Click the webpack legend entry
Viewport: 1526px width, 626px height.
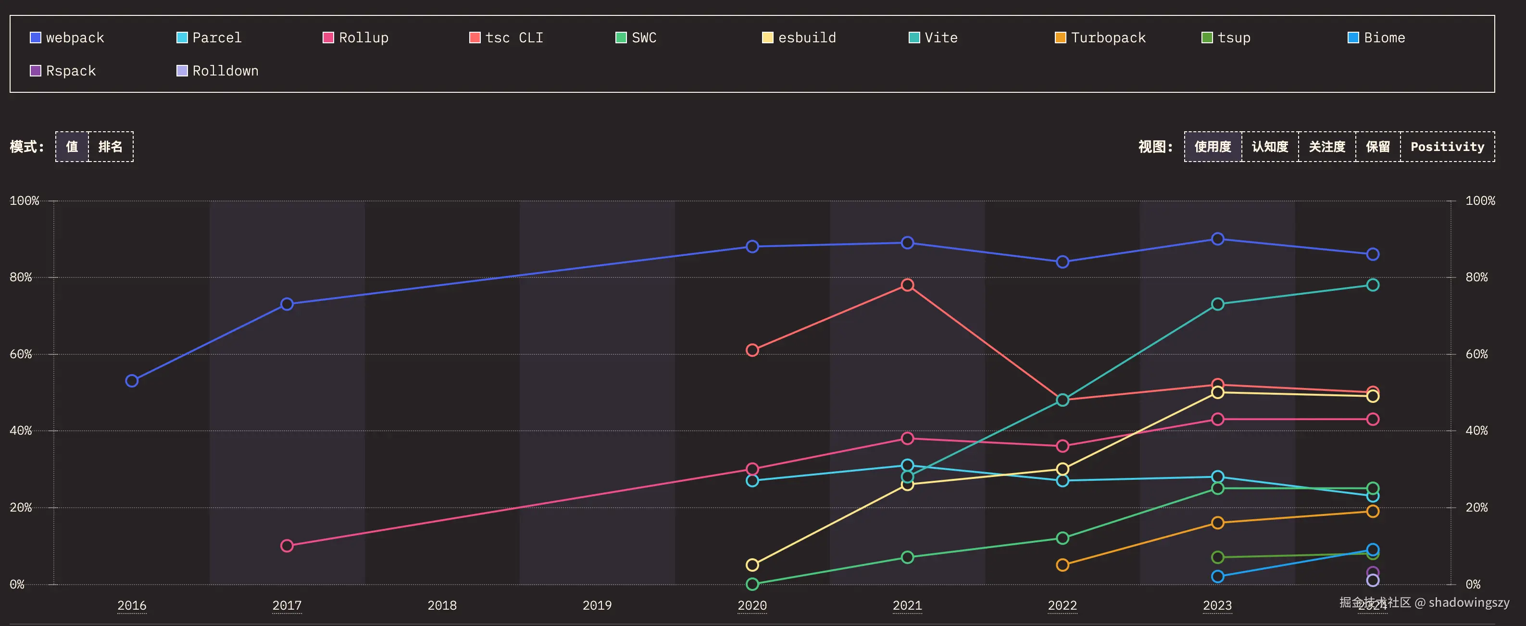click(67, 38)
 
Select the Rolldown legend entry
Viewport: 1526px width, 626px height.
click(217, 71)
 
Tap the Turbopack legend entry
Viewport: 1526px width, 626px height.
click(1100, 38)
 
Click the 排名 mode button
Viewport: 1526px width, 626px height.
click(110, 147)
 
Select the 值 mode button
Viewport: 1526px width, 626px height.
click(72, 147)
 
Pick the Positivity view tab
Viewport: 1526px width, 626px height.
click(1447, 147)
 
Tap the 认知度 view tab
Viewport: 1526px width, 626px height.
click(1269, 147)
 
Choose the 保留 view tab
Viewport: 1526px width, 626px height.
click(1377, 147)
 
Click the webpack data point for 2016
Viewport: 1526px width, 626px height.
click(132, 381)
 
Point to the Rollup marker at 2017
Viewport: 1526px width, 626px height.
click(287, 545)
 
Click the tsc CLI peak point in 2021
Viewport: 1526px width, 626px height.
click(907, 285)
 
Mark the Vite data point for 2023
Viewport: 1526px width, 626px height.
click(1217, 304)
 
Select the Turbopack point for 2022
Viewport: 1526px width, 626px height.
click(1062, 565)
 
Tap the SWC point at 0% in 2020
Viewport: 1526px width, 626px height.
click(752, 584)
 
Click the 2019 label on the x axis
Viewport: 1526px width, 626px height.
click(597, 605)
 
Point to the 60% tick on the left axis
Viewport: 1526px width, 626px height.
click(21, 354)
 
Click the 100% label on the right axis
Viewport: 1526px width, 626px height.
click(1480, 201)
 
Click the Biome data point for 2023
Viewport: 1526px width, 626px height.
click(1217, 576)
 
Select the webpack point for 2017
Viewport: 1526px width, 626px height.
click(287, 304)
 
